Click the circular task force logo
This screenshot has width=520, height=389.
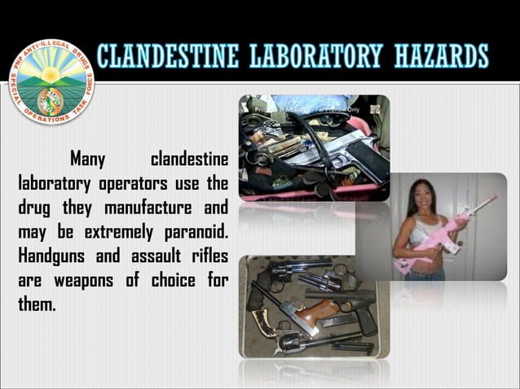point(51,82)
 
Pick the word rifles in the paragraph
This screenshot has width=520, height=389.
point(205,258)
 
